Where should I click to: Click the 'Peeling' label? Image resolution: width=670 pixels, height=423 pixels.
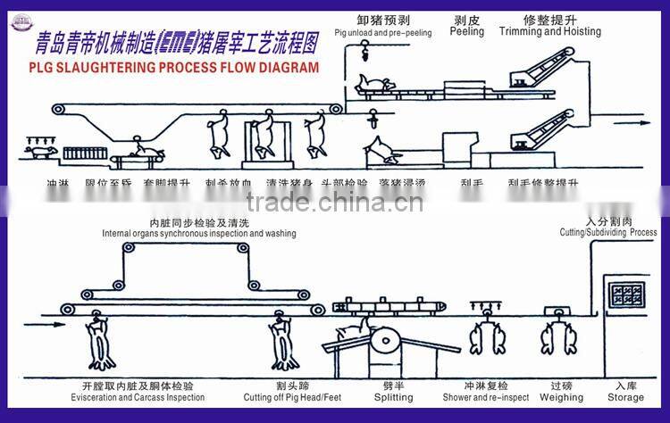coord(466,31)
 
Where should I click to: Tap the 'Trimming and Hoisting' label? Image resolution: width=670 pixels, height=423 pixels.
coord(549,31)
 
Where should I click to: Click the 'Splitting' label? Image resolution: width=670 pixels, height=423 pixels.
coord(393,397)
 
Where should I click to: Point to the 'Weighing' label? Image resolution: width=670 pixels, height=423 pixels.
coord(561,397)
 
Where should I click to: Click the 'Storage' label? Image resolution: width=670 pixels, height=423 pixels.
coord(625,397)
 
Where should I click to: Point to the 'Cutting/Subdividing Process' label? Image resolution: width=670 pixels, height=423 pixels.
coord(608,232)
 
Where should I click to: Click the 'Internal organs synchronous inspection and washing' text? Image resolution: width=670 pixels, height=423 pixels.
coord(198,234)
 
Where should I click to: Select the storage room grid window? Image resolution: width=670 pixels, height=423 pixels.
coord(625,296)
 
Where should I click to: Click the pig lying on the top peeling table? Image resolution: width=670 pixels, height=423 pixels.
coord(375,85)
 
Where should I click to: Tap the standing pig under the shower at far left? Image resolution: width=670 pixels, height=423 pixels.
coord(40,153)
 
